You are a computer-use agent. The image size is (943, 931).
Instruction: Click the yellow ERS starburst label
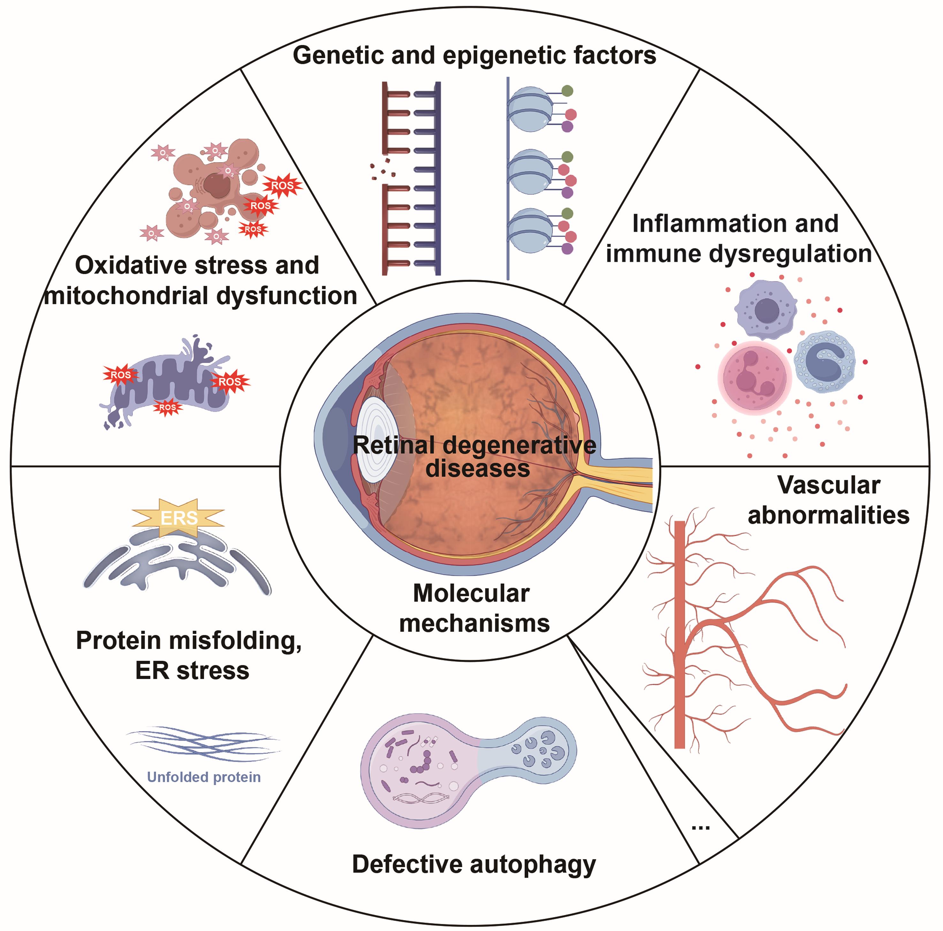click(x=179, y=517)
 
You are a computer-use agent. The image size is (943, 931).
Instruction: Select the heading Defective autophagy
click(x=474, y=864)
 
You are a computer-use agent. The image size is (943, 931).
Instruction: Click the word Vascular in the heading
click(x=828, y=485)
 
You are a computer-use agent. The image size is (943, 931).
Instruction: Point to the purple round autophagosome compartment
click(x=417, y=771)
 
